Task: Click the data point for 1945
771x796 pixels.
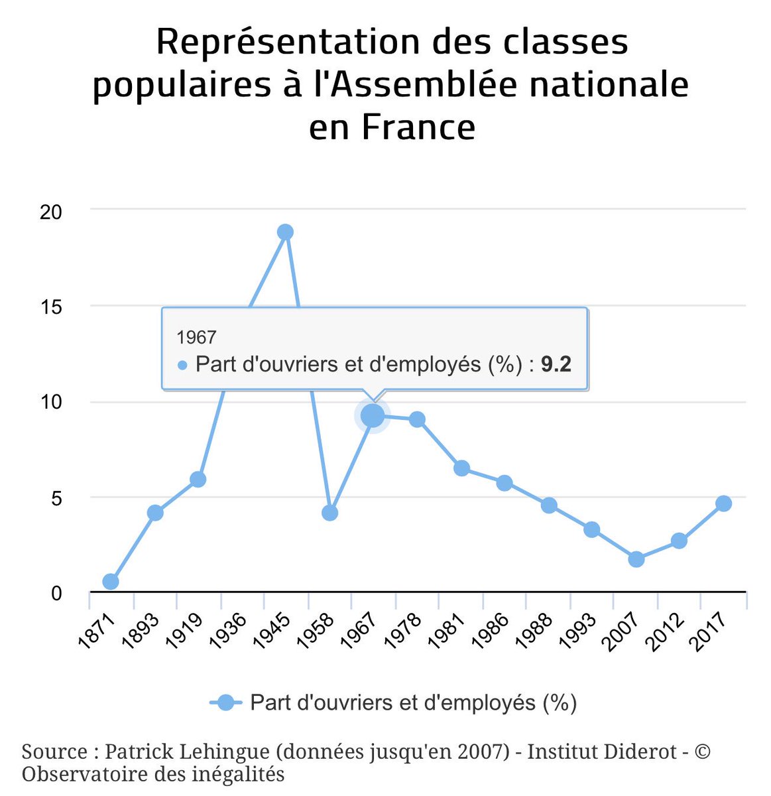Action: coord(285,232)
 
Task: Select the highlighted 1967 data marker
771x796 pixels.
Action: coord(373,416)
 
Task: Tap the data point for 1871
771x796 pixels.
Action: coord(111,582)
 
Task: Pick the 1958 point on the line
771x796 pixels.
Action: coord(329,513)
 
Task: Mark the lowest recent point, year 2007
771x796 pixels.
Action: coord(636,559)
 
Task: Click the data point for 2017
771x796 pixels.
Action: coord(724,503)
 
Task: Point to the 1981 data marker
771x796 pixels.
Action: coord(461,468)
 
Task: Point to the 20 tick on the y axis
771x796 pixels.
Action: coord(50,212)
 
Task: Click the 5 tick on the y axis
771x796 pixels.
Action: coord(56,499)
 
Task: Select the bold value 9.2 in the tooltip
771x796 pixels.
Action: coord(556,364)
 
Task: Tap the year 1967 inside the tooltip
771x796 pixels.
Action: coord(196,337)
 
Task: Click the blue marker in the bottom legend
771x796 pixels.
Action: coord(226,702)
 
